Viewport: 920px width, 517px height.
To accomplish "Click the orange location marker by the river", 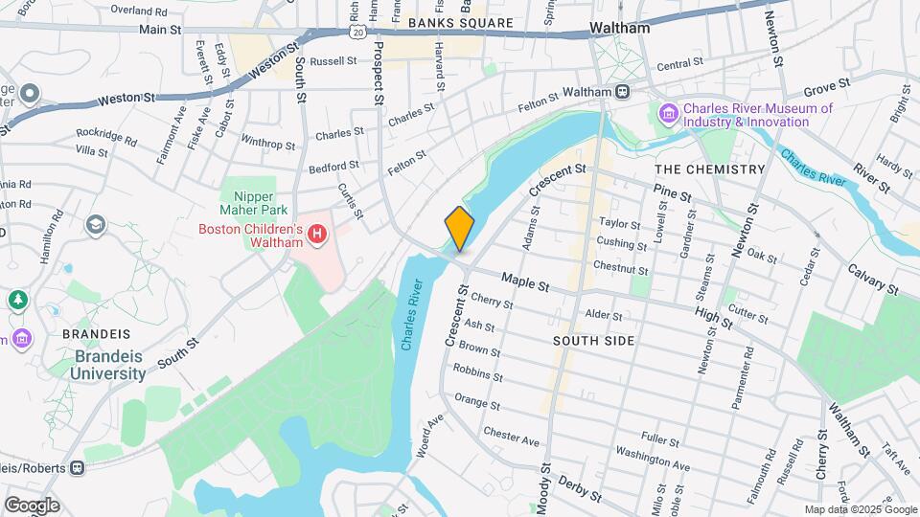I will pos(460,229).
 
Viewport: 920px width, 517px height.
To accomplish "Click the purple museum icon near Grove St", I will pos(669,115).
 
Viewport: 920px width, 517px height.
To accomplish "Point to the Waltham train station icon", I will pos(623,91).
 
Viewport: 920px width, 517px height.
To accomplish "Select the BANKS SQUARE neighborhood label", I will pos(460,23).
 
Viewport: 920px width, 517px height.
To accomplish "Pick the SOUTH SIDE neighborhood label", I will pos(593,341).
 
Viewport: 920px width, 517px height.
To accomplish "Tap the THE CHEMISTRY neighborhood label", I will pos(709,169).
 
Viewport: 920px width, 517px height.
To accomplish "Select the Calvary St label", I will pos(872,281).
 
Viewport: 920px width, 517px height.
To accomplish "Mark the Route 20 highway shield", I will pos(356,32).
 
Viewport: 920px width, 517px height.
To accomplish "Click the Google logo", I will pos(32,505).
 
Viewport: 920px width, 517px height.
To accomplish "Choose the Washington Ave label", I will pos(653,458).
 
